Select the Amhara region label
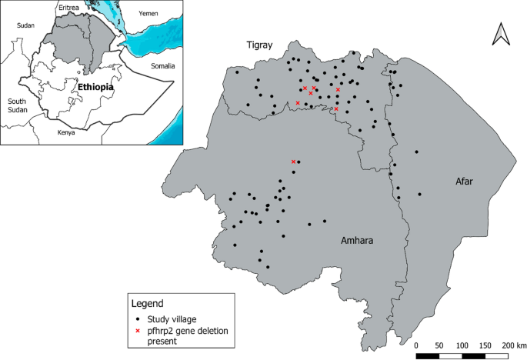[x=358, y=241]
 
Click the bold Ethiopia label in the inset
[x=96, y=88]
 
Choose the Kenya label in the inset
[x=67, y=132]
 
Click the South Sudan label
[x=17, y=106]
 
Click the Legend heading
[x=148, y=303]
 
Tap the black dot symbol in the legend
[x=138, y=318]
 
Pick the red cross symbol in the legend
[x=138, y=331]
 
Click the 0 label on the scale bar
[x=416, y=345]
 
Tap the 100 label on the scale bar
[x=462, y=345]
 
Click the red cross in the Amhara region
[x=293, y=162]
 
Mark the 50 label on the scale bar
[x=439, y=345]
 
